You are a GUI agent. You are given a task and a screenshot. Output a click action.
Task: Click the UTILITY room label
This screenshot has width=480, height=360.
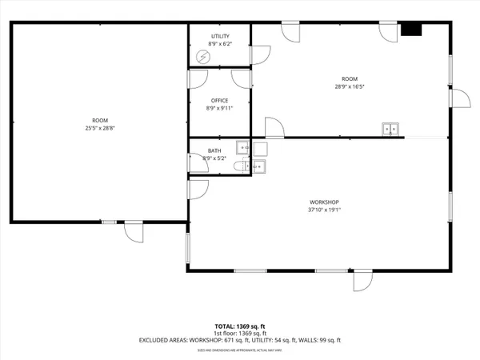tap(220, 37)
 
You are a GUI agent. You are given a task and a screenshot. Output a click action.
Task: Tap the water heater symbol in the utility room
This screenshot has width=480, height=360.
tap(203, 57)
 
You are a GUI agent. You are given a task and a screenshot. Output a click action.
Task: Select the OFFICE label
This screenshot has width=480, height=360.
tap(220, 100)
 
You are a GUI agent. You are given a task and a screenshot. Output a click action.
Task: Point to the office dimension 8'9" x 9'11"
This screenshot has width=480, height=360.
tap(220, 107)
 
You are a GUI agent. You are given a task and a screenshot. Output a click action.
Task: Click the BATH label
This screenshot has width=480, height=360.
tap(214, 150)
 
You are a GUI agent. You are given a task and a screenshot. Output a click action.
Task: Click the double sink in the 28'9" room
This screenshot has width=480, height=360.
tap(390, 128)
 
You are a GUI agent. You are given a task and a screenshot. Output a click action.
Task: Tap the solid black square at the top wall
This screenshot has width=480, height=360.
tap(411, 30)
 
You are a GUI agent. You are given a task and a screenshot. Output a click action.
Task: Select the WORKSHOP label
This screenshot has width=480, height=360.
tap(325, 202)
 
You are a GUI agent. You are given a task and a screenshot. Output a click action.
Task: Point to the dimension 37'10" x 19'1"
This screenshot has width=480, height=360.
tap(325, 210)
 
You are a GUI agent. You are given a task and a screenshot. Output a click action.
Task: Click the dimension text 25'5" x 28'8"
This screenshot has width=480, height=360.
tap(100, 128)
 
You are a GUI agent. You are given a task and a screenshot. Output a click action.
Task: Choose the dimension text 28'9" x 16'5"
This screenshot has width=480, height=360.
tap(349, 86)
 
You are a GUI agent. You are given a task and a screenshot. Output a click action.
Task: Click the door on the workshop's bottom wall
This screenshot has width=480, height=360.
tap(362, 281)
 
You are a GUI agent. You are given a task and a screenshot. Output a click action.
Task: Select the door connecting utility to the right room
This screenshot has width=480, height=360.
tap(260, 55)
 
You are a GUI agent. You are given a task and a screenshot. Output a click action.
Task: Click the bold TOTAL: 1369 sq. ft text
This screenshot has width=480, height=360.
tap(239, 326)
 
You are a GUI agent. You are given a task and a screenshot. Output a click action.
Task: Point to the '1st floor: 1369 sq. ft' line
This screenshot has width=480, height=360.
tap(239, 334)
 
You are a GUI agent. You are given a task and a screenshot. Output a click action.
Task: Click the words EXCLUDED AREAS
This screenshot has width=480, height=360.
tap(165, 341)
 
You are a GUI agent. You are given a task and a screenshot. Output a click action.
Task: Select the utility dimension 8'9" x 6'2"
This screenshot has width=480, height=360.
tap(220, 45)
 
